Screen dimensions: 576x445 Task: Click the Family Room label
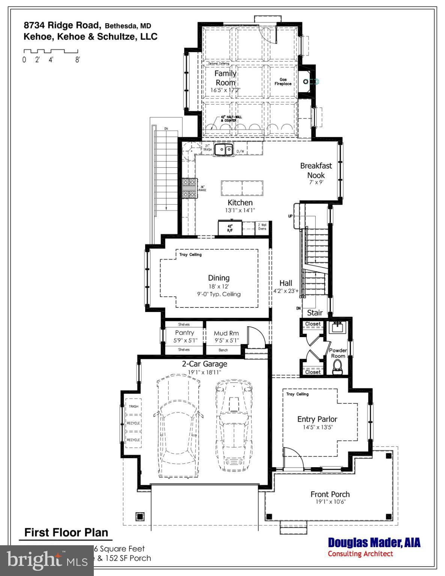tap(225, 78)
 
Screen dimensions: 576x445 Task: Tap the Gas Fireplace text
tap(283, 82)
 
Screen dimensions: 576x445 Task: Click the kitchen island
tap(242, 187)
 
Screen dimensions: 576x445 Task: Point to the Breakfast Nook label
tap(316, 170)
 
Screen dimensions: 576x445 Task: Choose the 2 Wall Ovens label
tap(262, 227)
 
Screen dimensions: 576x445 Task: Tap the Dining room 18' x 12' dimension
tap(219, 286)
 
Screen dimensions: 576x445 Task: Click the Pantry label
tap(185, 333)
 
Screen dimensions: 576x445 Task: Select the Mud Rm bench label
tap(223, 350)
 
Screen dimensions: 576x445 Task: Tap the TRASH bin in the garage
tap(134, 406)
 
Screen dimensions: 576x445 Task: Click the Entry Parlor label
tap(317, 419)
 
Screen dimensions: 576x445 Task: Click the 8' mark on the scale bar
tap(77, 60)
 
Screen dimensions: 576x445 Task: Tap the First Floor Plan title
tap(66, 532)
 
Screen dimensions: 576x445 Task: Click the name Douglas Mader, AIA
tap(374, 543)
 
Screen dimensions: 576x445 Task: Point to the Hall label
tap(286, 283)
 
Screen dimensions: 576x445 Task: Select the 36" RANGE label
tap(202, 188)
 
